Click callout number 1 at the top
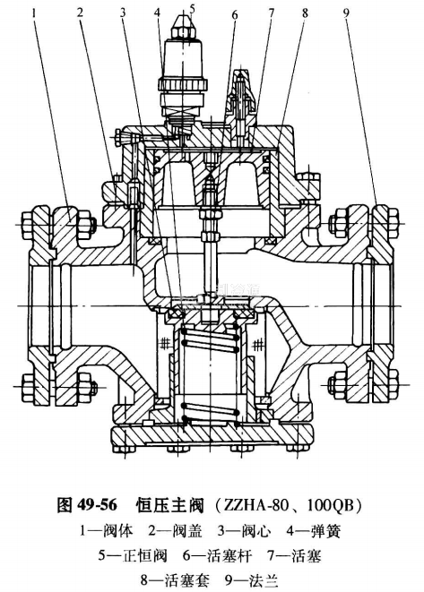pyautogui.click(x=36, y=13)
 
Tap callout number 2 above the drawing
pyautogui.click(x=80, y=13)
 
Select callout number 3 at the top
pyautogui.click(x=123, y=13)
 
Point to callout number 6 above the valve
pyautogui.click(x=235, y=15)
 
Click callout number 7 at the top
pyautogui.click(x=272, y=13)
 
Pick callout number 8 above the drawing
pyautogui.click(x=305, y=13)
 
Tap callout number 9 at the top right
pyautogui.click(x=346, y=13)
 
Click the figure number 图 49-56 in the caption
pyautogui.click(x=87, y=505)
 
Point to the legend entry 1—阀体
pyautogui.click(x=107, y=531)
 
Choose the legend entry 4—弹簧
pyautogui.click(x=314, y=531)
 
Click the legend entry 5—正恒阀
pyautogui.click(x=133, y=556)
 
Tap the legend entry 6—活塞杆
pyautogui.click(x=217, y=556)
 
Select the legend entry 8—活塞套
pyautogui.click(x=174, y=580)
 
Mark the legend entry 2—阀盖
pyautogui.click(x=176, y=531)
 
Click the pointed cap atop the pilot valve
pyautogui.click(x=183, y=27)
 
